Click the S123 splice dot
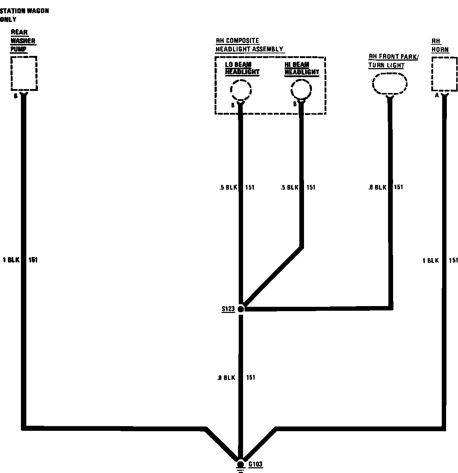[241, 309]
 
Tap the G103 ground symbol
[240, 465]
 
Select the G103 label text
[255, 464]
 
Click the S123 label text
[228, 309]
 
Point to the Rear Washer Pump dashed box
[24, 73]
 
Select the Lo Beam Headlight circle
[241, 90]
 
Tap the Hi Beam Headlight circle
[301, 90]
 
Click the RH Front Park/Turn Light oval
[389, 84]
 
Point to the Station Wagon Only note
[24, 15]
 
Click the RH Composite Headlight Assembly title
[249, 45]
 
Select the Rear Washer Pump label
[23, 41]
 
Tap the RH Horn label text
[440, 45]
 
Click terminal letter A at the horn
[437, 96]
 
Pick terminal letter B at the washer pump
[16, 96]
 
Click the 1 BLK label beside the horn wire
[431, 261]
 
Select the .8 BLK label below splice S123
[226, 378]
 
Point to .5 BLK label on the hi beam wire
[290, 187]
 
